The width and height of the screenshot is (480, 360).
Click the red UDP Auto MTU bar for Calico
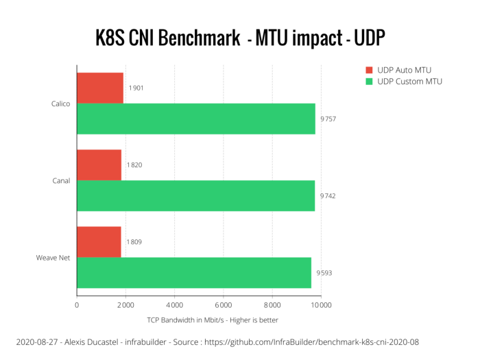100,88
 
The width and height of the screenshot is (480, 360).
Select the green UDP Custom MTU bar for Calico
196,119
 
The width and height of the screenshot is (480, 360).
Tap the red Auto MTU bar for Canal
99,165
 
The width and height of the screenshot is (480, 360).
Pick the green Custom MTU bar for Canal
195,195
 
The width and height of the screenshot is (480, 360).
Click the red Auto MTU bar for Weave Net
99,241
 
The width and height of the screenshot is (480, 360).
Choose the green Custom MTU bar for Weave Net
194,272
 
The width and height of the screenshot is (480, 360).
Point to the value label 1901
136,88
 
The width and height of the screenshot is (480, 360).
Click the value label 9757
328,119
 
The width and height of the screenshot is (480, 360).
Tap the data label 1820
134,165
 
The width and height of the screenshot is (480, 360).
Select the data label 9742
327,196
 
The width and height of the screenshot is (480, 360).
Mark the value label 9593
324,273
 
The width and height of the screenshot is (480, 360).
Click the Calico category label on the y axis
60,104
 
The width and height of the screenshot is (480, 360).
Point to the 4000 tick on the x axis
174,305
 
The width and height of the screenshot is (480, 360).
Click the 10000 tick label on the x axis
320,305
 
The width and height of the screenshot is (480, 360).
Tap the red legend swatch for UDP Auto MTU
368,70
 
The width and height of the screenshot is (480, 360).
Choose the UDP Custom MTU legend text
410,82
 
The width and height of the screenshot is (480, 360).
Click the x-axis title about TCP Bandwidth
213,320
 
